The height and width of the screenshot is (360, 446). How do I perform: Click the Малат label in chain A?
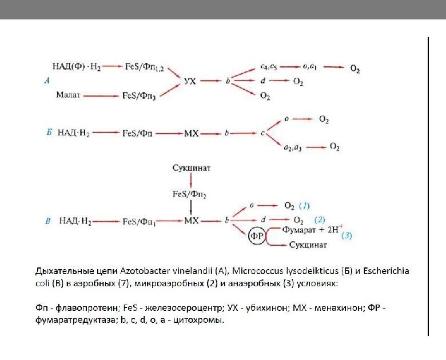(x=69, y=95)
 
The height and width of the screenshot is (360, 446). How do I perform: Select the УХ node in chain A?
(x=190, y=82)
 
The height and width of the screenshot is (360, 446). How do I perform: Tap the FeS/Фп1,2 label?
(x=144, y=67)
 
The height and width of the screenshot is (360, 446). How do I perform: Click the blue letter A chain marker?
(x=47, y=81)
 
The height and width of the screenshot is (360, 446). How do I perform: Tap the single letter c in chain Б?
(x=262, y=134)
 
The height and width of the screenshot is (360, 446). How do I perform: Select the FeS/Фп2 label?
(x=189, y=194)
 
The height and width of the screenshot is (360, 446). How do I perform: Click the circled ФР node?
(x=257, y=236)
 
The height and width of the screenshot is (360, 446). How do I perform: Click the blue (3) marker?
(x=347, y=235)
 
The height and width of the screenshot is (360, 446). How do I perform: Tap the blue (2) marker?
(x=320, y=219)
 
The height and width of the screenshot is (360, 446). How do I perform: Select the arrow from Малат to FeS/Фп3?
(x=103, y=95)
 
